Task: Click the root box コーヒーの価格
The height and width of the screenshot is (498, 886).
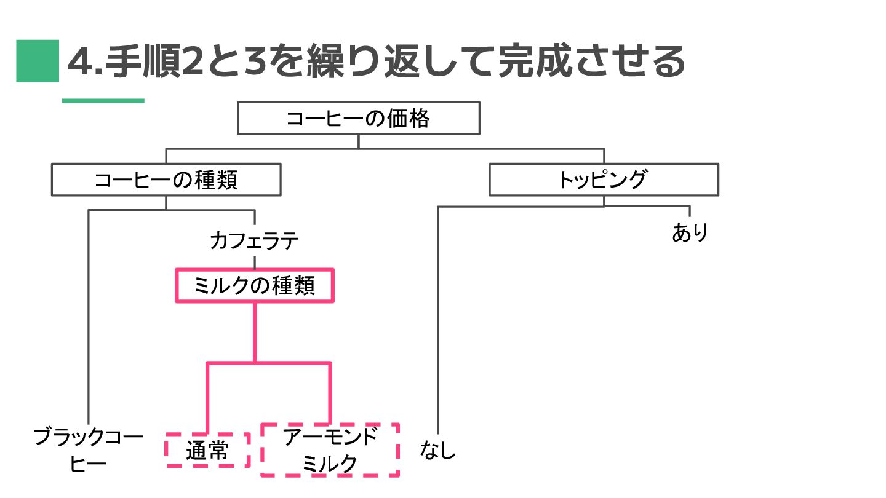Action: pyautogui.click(x=358, y=118)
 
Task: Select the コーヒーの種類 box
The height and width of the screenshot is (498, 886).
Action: pyautogui.click(x=166, y=180)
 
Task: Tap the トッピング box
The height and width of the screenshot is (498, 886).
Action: pyautogui.click(x=603, y=180)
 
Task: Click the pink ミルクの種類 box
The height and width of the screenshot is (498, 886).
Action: pyautogui.click(x=255, y=286)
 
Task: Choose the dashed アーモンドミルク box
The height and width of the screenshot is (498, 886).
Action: pyautogui.click(x=330, y=450)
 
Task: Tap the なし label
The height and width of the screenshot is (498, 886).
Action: pyautogui.click(x=438, y=450)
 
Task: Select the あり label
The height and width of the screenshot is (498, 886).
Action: pyautogui.click(x=690, y=233)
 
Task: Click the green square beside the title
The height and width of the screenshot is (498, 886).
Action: pyautogui.click(x=38, y=61)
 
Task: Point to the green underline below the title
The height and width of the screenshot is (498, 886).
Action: pyautogui.click(x=103, y=100)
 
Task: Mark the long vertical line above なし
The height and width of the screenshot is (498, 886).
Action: pyautogui.click(x=438, y=320)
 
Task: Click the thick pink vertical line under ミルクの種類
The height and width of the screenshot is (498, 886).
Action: pyautogui.click(x=255, y=332)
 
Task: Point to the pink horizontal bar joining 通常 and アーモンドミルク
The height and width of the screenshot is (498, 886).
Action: pyautogui.click(x=268, y=363)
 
